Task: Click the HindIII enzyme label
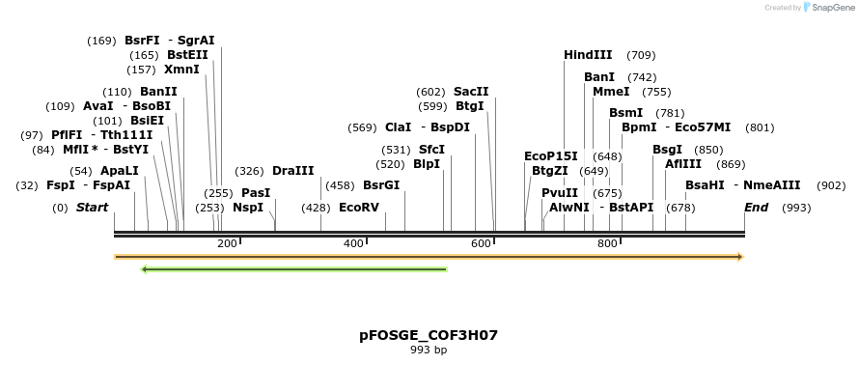[x=588, y=55]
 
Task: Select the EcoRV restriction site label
[x=359, y=208]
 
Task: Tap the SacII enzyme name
[x=471, y=92]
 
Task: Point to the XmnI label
[x=181, y=70]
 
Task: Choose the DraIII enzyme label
[x=293, y=171]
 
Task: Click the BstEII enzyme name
[x=187, y=55]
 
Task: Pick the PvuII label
[x=560, y=193]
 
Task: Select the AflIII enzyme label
[x=683, y=164]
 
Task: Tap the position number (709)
[x=641, y=55]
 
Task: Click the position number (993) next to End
[x=796, y=208]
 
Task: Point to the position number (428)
[x=316, y=208]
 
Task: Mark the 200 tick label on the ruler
[x=227, y=243]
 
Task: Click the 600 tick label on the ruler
[x=481, y=243]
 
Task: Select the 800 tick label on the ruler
[x=607, y=243]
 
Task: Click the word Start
[x=92, y=208]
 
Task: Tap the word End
[x=756, y=208]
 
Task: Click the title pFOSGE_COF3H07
[x=429, y=335]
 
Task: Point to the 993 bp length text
[x=429, y=350]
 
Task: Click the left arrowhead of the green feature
[x=144, y=269]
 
